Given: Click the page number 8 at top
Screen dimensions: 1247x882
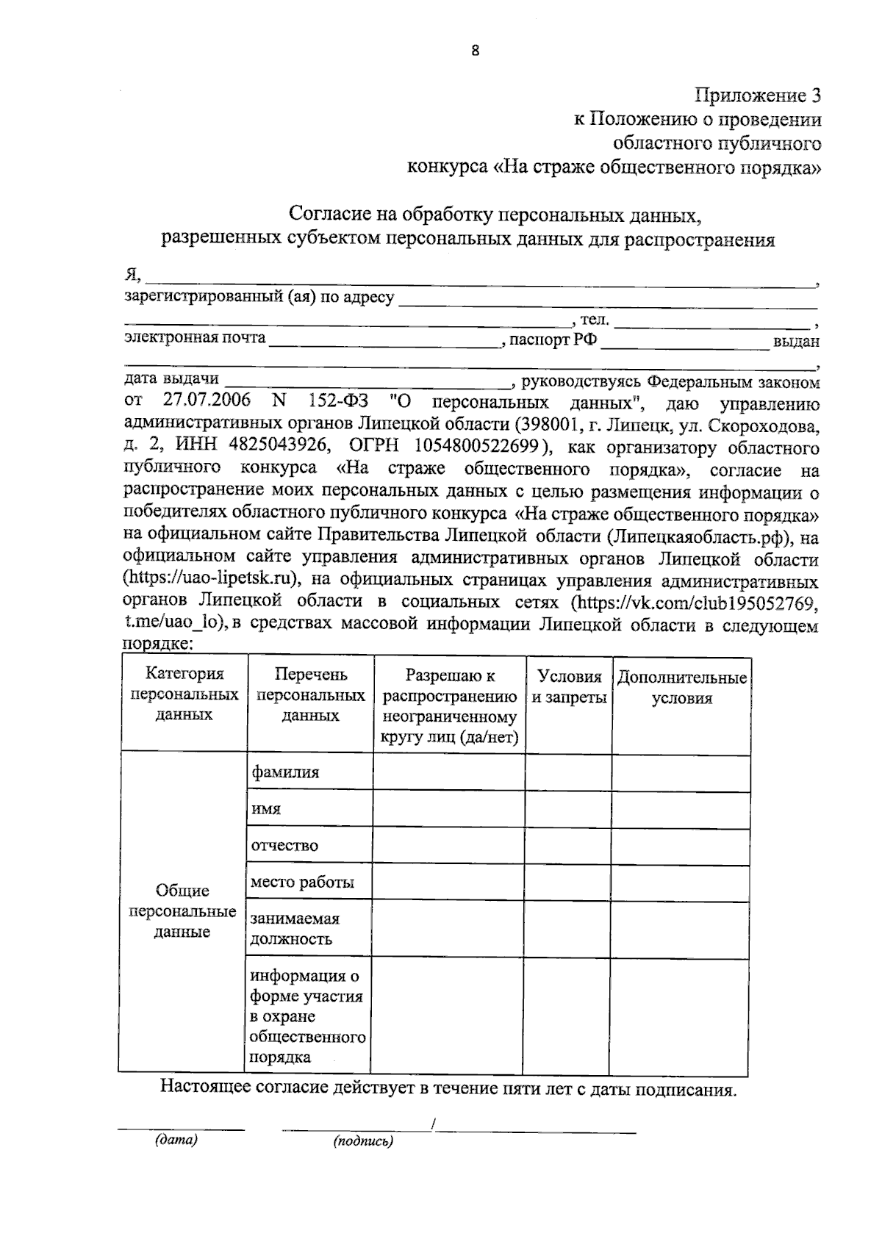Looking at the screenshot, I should click(475, 51).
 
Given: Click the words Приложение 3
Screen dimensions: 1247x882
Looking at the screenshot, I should click(758, 96).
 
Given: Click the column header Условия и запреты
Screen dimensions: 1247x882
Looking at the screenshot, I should click(569, 687).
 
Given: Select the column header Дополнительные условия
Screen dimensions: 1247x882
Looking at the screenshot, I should click(682, 688).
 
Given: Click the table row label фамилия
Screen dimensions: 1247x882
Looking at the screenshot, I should click(285, 773).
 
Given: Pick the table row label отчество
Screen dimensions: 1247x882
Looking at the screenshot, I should click(285, 845).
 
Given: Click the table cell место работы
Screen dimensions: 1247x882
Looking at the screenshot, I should click(302, 882).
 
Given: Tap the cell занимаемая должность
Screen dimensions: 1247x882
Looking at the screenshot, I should click(295, 929).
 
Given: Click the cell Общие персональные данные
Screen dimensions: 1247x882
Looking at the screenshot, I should click(182, 911).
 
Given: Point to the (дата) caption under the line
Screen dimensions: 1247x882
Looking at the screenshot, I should click(176, 1140).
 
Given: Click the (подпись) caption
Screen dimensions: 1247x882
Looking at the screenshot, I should click(363, 1142).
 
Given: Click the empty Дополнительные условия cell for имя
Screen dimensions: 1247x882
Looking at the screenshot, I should click(681, 809).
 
